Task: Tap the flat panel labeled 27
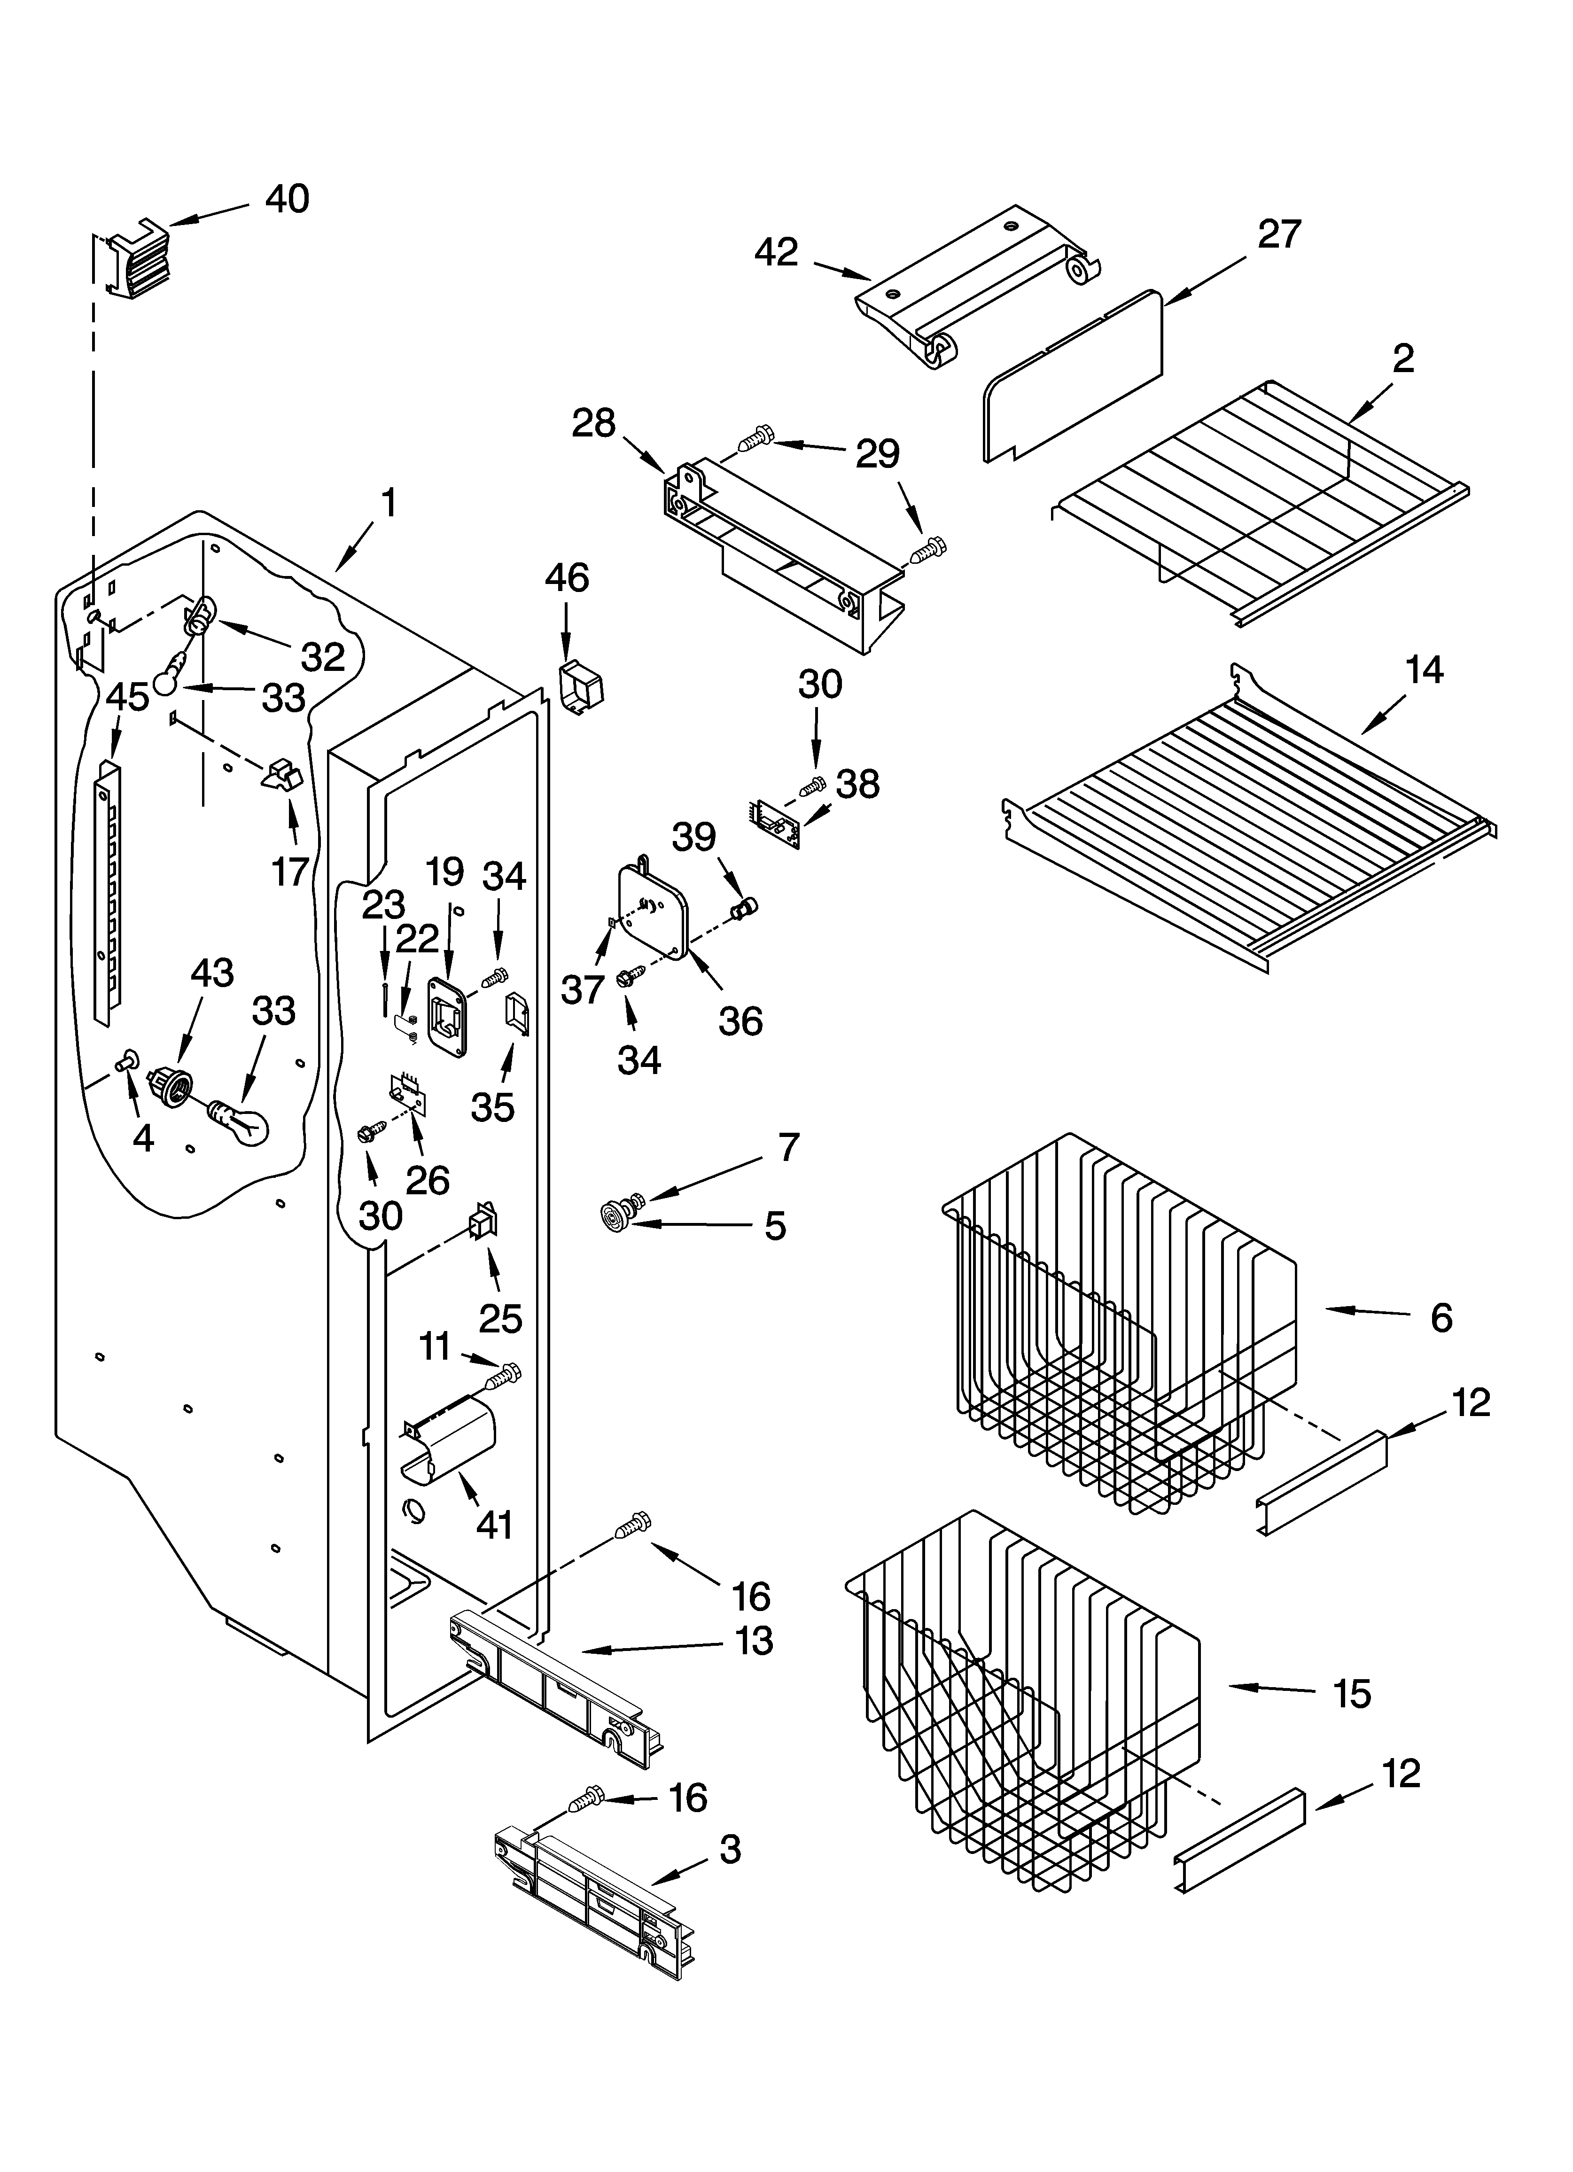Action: click(x=1073, y=378)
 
